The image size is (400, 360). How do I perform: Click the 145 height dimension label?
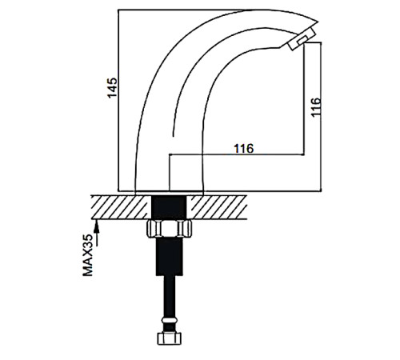112,88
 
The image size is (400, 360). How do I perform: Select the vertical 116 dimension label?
316,106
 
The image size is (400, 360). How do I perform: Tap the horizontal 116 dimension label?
244,149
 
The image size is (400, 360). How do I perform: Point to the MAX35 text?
88,255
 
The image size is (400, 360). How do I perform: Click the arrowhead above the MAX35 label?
97,226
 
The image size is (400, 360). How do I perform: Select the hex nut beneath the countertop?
170,229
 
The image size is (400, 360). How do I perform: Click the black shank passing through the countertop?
169,207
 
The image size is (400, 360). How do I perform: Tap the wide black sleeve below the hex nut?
170,256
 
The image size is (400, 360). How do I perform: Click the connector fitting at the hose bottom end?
170,338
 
